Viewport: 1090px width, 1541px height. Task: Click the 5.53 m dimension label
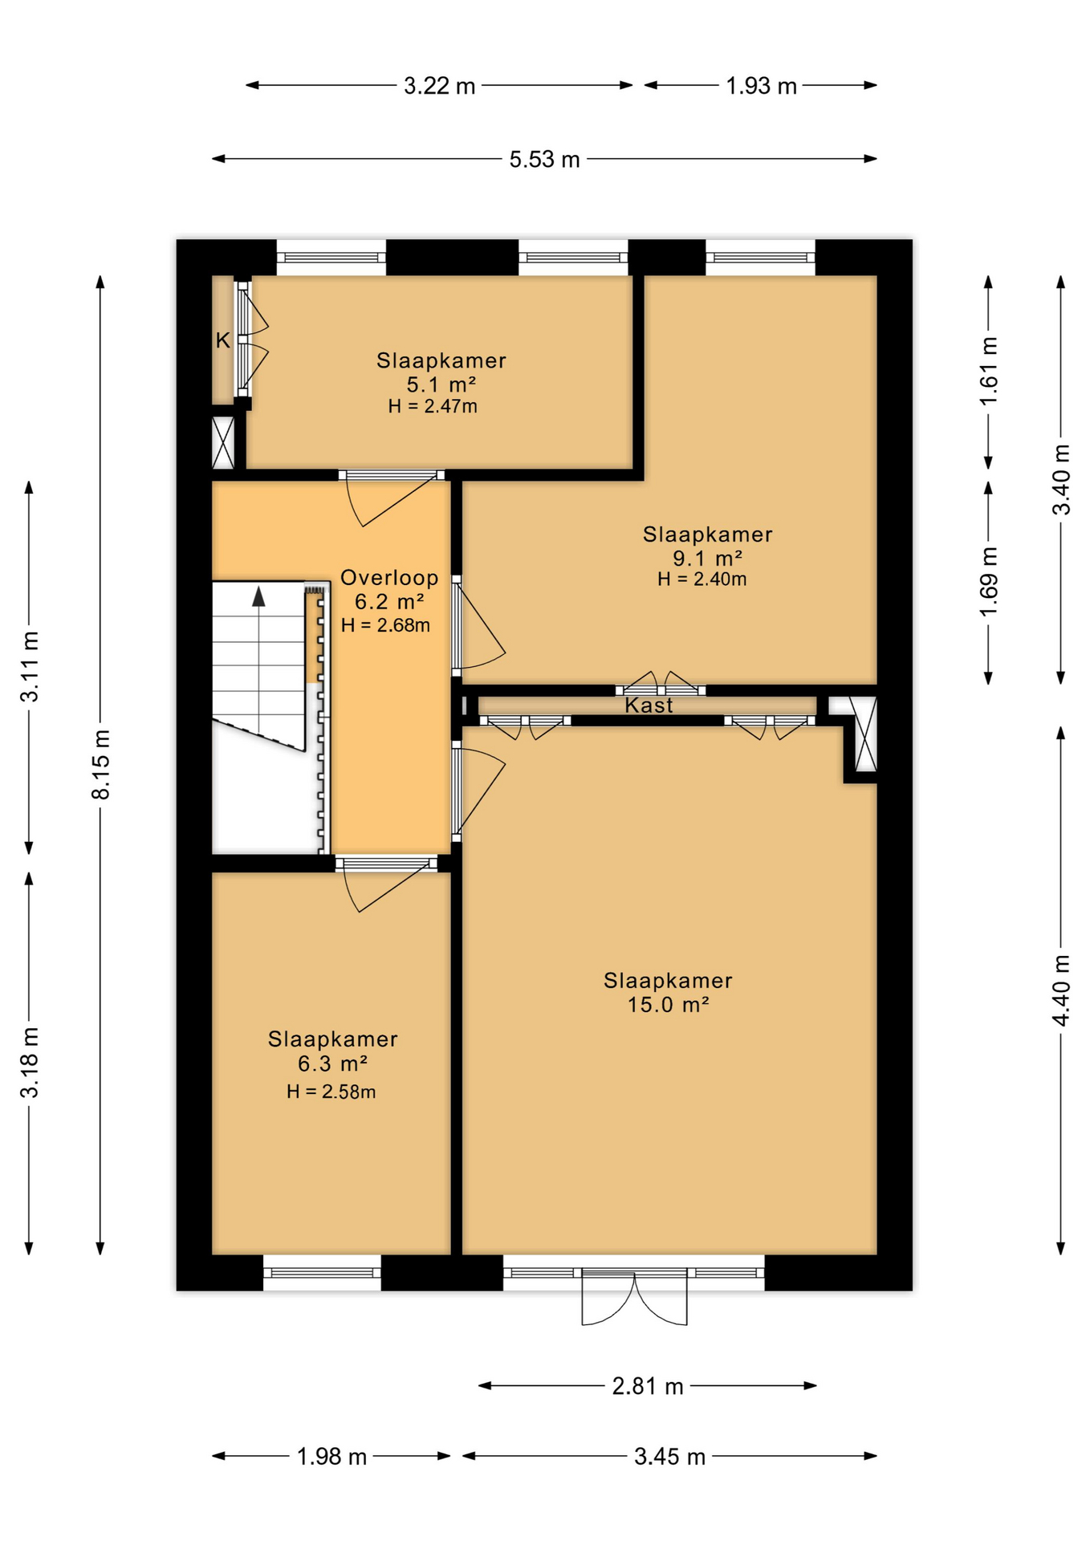[544, 159]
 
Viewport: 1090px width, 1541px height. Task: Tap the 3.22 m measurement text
[439, 86]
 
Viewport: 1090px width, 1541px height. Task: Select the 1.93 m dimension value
[761, 86]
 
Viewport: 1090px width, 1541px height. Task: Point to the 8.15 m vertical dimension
[100, 765]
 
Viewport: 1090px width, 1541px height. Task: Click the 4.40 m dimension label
[1061, 990]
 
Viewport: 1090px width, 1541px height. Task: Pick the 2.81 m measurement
[648, 1386]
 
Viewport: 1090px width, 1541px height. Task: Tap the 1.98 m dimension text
[331, 1456]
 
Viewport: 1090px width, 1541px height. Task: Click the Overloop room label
[389, 578]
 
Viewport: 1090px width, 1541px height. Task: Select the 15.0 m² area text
[668, 1005]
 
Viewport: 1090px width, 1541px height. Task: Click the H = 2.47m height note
[433, 406]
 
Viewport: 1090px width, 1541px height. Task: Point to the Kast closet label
[649, 705]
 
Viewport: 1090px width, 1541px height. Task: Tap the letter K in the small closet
[223, 340]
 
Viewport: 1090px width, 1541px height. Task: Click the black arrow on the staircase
[258, 596]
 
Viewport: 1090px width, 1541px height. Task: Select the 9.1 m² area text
[707, 559]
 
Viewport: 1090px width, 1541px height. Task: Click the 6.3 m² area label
[332, 1064]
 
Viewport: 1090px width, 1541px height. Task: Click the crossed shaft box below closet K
[223, 442]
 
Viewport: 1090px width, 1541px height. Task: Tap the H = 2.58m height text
[331, 1092]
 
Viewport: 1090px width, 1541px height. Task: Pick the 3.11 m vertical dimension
[30, 667]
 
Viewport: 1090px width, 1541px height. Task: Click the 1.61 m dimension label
[989, 372]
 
